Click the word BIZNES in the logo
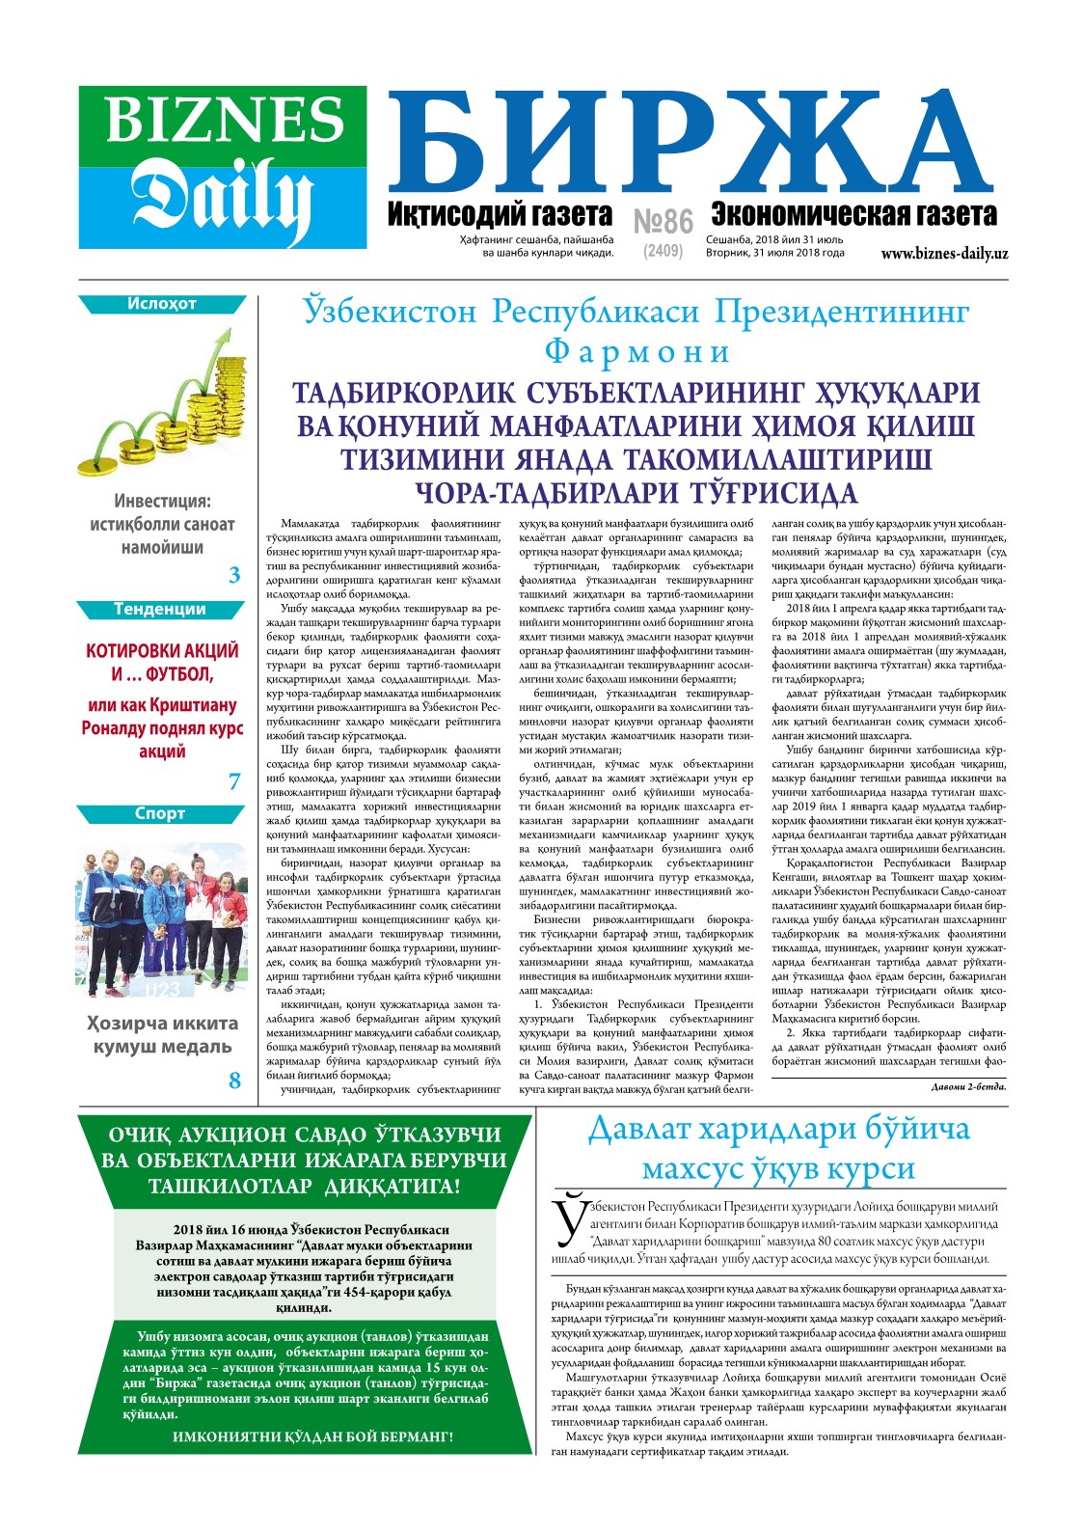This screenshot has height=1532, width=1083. (x=224, y=121)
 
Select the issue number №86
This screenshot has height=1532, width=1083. (x=663, y=222)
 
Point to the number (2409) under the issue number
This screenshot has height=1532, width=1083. (x=663, y=251)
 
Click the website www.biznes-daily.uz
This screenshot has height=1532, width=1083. (x=944, y=254)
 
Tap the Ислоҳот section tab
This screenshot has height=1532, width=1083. (x=162, y=304)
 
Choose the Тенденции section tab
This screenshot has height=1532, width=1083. (x=160, y=609)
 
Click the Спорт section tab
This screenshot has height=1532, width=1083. (x=160, y=813)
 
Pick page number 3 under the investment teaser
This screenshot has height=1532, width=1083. (x=234, y=576)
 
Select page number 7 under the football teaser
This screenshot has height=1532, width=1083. (x=234, y=781)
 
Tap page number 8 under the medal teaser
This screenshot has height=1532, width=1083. (x=234, y=1081)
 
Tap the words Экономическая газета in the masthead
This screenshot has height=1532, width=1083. (x=853, y=214)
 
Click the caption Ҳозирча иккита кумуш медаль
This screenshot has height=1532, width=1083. (x=162, y=1035)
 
